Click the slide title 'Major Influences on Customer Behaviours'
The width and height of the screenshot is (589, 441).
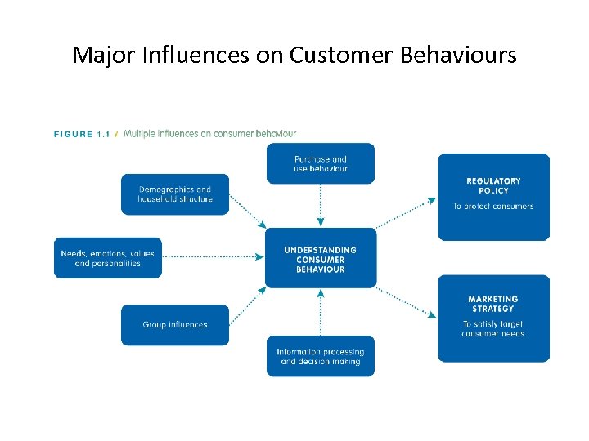294,55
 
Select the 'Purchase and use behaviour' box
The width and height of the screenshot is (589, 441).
320,163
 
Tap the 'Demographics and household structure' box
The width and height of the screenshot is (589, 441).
175,194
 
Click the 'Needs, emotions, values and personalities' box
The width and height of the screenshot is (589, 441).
108,258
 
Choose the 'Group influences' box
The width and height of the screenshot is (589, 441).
175,325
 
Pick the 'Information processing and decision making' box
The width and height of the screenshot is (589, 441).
320,356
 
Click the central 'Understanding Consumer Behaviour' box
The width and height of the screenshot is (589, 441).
320,259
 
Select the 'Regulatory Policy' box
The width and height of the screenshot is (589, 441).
493,197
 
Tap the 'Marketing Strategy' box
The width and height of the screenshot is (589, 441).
493,318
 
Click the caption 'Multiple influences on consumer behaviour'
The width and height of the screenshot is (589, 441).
209,134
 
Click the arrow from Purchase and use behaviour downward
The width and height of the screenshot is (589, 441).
320,204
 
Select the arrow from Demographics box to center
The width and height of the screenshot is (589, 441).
247,211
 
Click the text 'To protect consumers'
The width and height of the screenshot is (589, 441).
493,207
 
